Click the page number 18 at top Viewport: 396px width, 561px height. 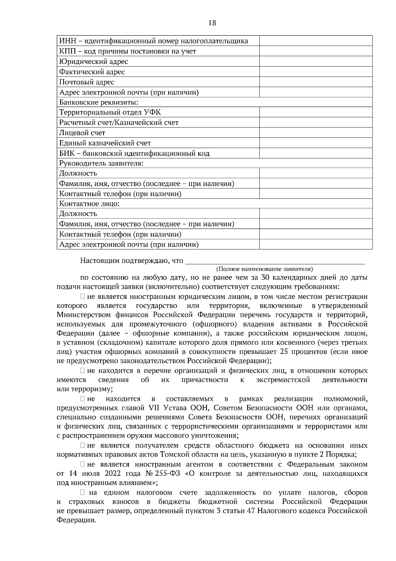tap(212, 23)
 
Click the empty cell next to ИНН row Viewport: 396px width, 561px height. tap(316, 41)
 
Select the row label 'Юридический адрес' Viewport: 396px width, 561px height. tap(93, 61)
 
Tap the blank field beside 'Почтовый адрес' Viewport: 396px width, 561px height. tap(316, 82)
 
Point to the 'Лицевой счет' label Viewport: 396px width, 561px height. tap(82, 133)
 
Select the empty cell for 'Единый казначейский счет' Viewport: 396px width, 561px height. tap(316, 143)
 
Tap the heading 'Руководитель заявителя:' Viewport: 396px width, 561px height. tap(101, 163)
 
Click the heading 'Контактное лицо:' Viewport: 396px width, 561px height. tap(89, 204)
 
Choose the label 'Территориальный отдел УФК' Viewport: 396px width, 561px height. tap(110, 112)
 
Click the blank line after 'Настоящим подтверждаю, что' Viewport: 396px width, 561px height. tap(275, 261)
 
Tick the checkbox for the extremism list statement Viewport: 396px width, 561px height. tap(83, 371)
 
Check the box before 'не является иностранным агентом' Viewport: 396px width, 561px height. tap(83, 465)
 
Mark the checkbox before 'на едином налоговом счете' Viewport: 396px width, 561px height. tap(83, 493)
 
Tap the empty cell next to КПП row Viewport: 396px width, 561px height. tap(316, 51)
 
